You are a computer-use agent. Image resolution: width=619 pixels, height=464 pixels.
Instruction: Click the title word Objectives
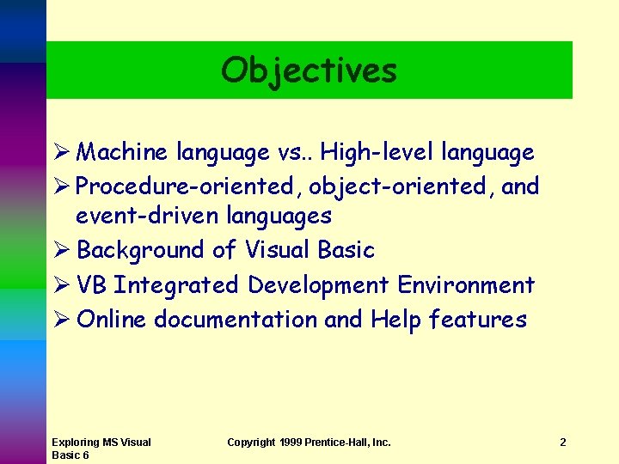[x=309, y=70]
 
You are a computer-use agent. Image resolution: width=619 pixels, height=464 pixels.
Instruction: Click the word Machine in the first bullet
[x=122, y=153]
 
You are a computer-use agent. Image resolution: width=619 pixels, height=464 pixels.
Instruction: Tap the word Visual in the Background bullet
[x=277, y=250]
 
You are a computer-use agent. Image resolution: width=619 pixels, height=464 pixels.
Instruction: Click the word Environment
[x=466, y=284]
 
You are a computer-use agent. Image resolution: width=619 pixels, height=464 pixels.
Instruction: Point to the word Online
[x=112, y=320]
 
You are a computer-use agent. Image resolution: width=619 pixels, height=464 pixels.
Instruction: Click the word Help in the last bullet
[x=395, y=320]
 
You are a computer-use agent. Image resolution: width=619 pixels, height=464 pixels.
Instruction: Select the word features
[x=477, y=320]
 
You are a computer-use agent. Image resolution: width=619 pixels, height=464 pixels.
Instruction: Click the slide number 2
[x=562, y=443]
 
